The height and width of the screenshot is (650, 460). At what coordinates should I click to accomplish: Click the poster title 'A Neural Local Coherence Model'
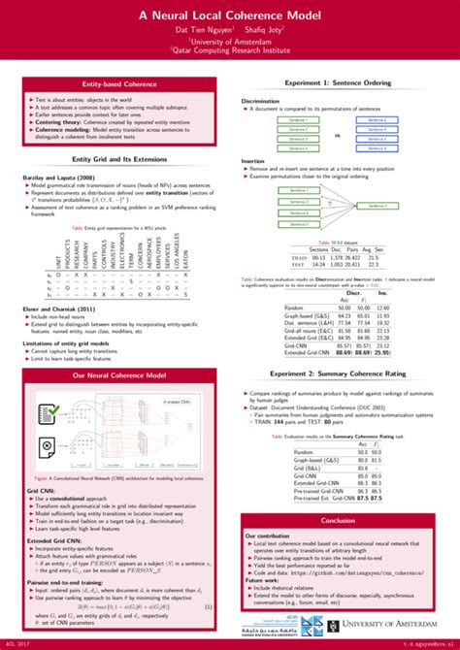(230, 16)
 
